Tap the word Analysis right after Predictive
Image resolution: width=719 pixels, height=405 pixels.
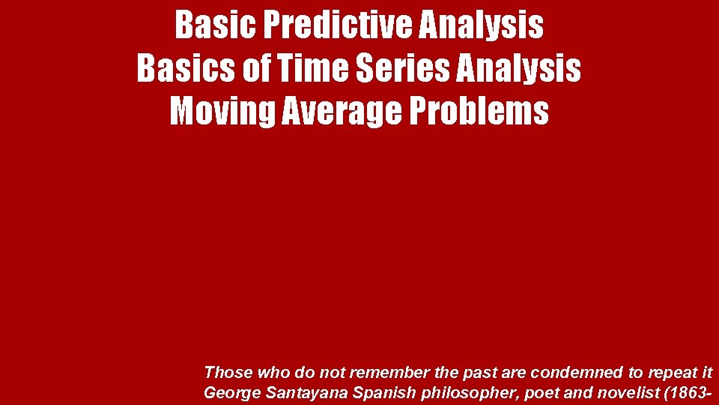[482, 25]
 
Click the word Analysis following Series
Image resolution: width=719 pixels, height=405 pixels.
[519, 68]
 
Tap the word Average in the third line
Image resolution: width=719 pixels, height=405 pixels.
[343, 112]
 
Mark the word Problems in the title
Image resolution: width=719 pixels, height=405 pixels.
[479, 112]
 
